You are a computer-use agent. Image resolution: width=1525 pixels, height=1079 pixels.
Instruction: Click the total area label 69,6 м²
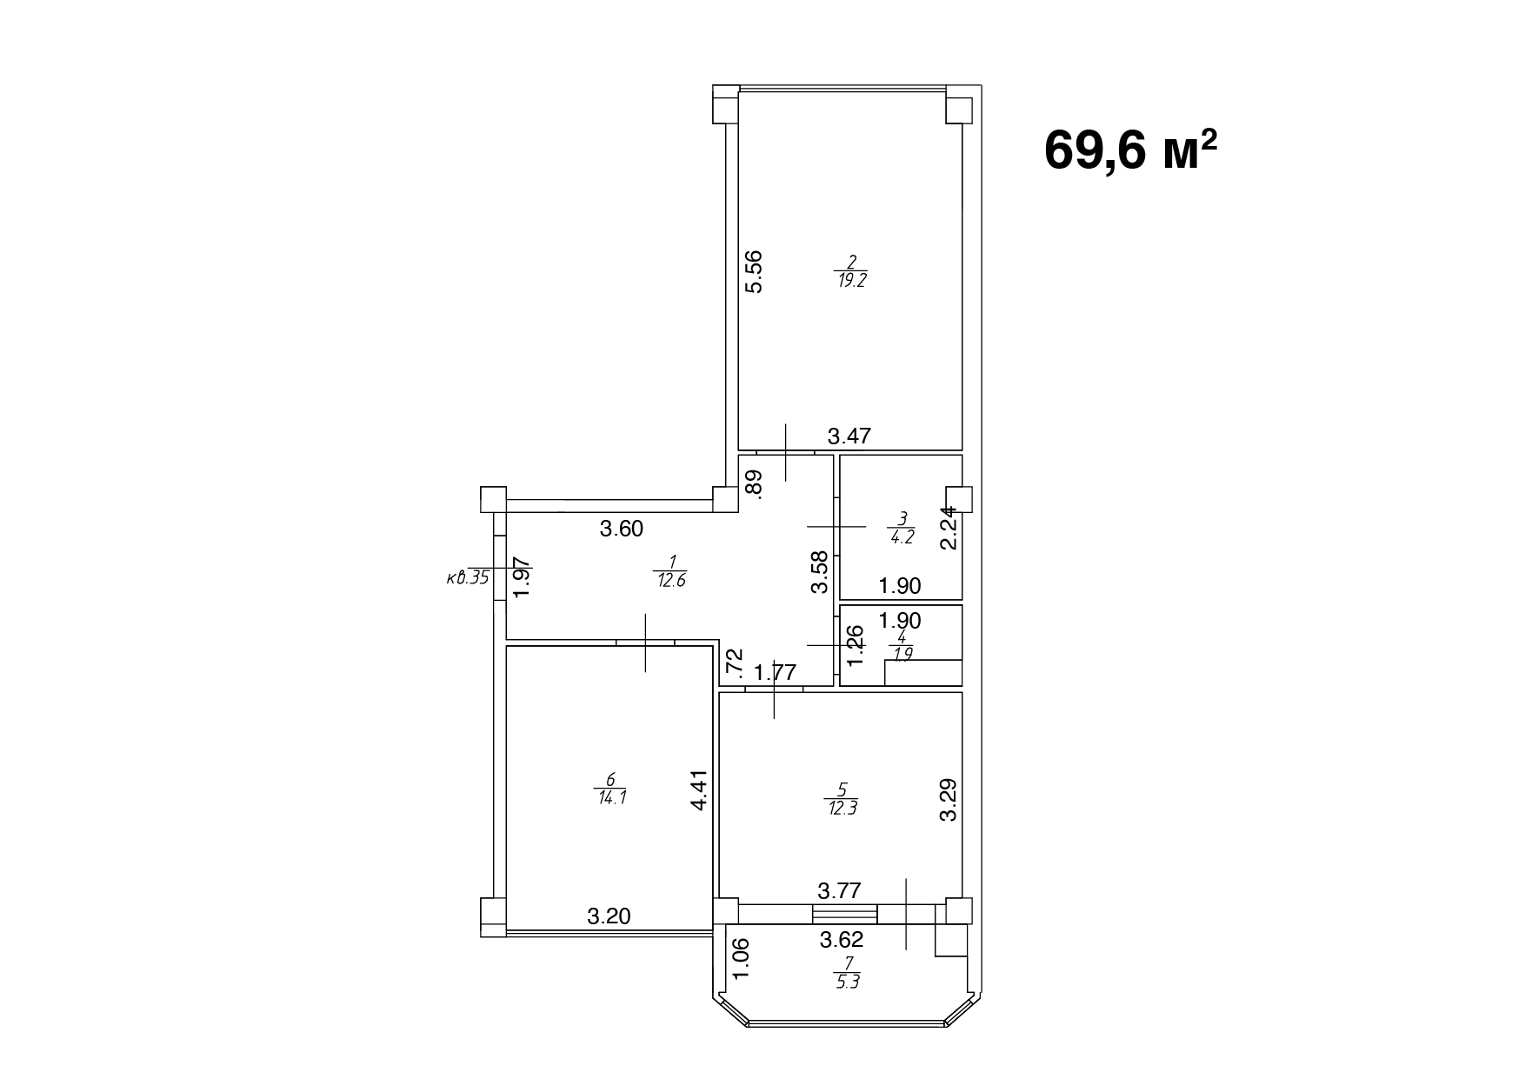(1130, 151)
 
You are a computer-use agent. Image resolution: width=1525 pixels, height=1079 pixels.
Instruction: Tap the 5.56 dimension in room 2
(754, 271)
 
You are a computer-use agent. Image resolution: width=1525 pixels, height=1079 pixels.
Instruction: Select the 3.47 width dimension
(849, 436)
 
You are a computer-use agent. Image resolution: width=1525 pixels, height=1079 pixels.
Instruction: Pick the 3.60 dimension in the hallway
(622, 528)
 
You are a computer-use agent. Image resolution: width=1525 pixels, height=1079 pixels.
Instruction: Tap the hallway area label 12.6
(670, 582)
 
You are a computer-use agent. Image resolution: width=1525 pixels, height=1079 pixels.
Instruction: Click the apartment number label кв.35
(467, 576)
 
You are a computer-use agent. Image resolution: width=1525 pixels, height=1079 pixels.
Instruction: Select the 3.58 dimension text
(820, 573)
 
